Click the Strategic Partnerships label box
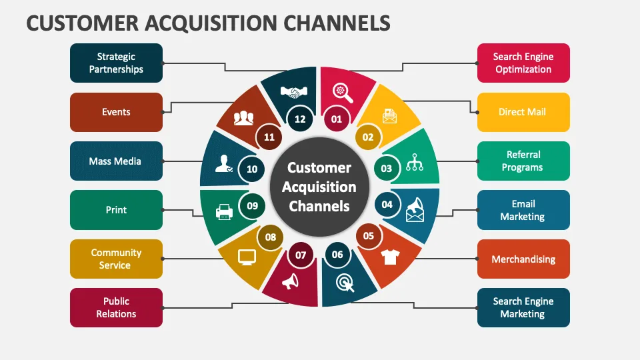click(x=116, y=63)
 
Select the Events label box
click(x=116, y=112)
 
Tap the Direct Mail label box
click(x=523, y=112)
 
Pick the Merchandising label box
click(x=523, y=259)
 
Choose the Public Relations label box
click(x=116, y=307)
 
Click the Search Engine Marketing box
click(x=523, y=307)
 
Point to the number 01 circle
click(x=337, y=119)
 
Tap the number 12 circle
click(x=300, y=119)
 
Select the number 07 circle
click(x=301, y=255)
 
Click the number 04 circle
click(x=387, y=205)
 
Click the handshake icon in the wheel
click(x=293, y=93)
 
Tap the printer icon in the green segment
click(x=223, y=212)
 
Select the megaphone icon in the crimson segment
click(x=290, y=282)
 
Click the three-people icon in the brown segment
click(x=244, y=119)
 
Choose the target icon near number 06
click(x=345, y=282)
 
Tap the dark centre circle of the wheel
click(x=319, y=187)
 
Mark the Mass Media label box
click(x=116, y=161)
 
